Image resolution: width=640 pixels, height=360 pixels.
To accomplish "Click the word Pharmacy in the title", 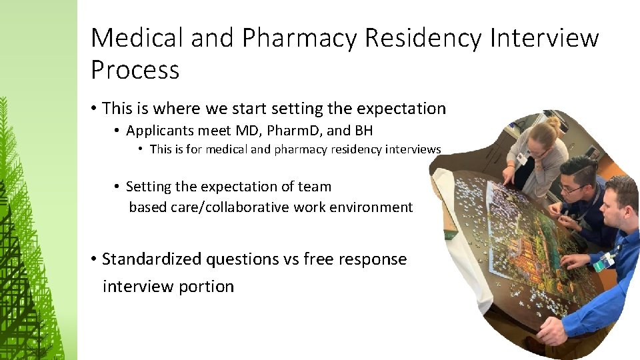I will (x=299, y=39).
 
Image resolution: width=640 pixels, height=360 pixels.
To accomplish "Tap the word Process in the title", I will (x=135, y=70).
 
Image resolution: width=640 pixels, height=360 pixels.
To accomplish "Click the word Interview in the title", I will (x=544, y=39).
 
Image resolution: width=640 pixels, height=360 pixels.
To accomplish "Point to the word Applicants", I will (x=157, y=131).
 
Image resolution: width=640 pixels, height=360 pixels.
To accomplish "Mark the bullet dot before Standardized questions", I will (x=95, y=259).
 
